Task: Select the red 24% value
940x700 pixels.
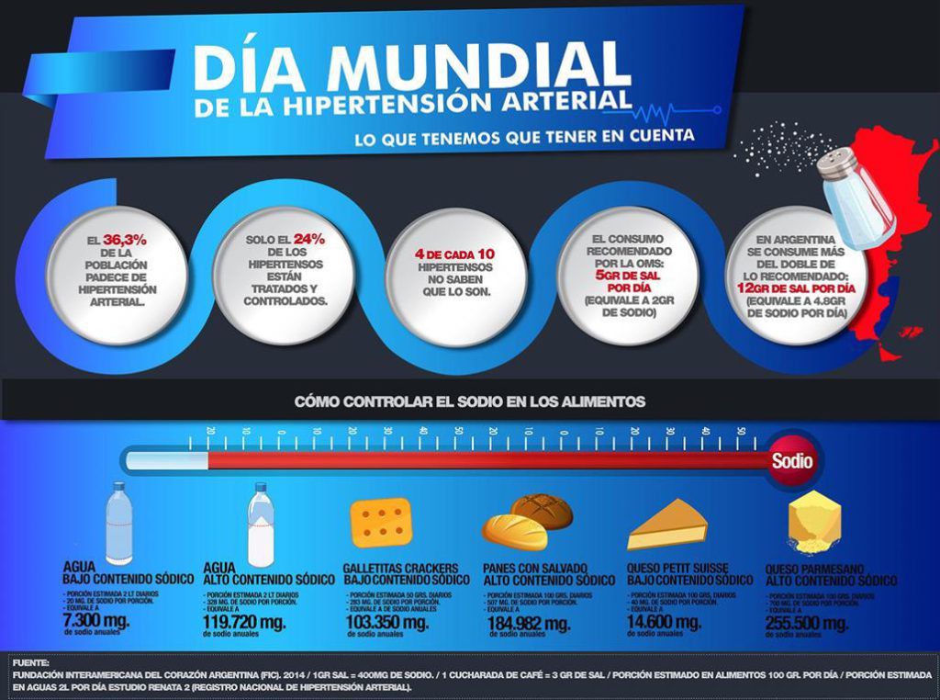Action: [x=308, y=240]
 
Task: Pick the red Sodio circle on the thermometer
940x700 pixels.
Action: [x=791, y=460]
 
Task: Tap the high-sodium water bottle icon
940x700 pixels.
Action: [x=261, y=525]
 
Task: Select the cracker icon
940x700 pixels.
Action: [x=381, y=522]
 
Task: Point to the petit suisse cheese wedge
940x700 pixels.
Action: [x=668, y=525]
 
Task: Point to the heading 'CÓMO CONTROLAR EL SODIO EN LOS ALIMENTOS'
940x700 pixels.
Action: [x=469, y=401]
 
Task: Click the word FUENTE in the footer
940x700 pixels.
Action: [x=31, y=661]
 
